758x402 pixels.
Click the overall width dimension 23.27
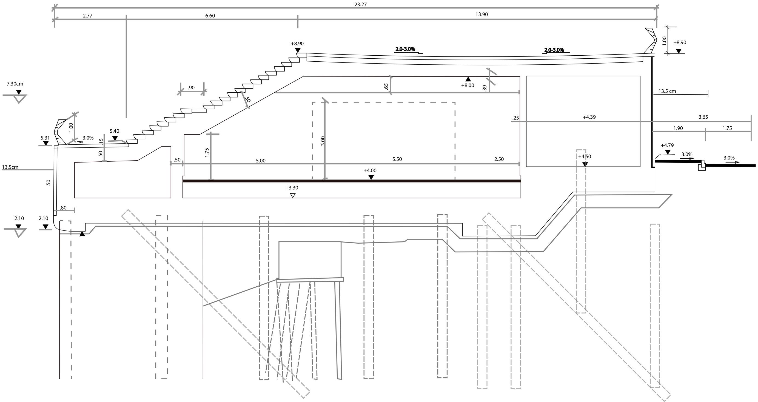360,5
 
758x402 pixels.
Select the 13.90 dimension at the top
481,15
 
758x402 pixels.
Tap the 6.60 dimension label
210,16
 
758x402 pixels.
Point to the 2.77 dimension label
87,16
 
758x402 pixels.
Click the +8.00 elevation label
468,85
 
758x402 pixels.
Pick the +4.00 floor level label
370,171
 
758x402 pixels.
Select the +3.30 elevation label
292,188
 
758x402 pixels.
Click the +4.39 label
589,117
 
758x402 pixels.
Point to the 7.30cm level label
15,84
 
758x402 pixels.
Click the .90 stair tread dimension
191,88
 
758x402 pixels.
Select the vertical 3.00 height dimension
323,141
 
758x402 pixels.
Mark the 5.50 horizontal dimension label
397,159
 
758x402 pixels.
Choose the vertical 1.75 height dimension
207,152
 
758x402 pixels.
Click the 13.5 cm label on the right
667,91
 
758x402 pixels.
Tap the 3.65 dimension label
703,117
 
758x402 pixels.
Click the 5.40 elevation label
115,131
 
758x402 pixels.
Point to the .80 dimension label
63,208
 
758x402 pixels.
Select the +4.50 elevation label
584,156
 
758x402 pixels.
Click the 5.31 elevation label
45,138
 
